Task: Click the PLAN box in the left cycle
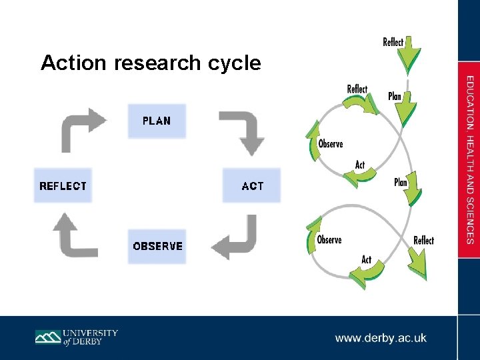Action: [157, 121]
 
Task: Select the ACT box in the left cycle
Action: [252, 186]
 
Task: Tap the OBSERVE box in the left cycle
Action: [157, 246]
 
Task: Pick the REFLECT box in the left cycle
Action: [63, 186]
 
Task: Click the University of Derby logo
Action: [76, 337]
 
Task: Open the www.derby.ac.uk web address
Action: [381, 338]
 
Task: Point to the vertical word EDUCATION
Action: [469, 103]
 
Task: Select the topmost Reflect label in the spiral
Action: [393, 42]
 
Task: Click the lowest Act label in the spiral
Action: [366, 259]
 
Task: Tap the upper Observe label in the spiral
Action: [331, 144]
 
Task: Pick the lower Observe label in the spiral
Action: [329, 240]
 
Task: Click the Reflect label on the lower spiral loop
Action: [423, 240]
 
